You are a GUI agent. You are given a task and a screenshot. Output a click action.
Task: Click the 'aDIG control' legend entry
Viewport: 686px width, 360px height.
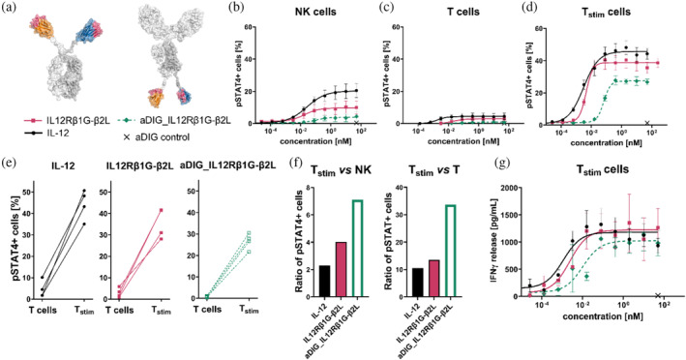tap(172, 159)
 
